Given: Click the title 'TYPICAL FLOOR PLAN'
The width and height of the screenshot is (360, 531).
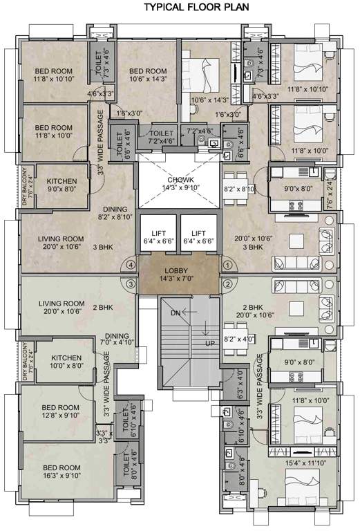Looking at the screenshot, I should [192, 8].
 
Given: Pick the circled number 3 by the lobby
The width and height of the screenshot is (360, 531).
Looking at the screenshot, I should [130, 283].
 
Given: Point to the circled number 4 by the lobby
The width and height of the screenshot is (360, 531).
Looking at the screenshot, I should [130, 264].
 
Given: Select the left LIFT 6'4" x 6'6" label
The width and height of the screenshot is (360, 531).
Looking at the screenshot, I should [158, 237].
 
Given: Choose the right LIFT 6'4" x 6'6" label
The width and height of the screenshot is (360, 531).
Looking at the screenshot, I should [199, 237].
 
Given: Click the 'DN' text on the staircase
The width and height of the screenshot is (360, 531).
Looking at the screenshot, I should [175, 313].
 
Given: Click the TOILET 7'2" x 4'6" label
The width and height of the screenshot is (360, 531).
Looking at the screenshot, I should [161, 136].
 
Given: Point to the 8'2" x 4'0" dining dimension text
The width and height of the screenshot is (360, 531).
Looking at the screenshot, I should [240, 339].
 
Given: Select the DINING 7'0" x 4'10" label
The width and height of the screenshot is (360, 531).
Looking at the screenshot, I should [117, 338].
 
